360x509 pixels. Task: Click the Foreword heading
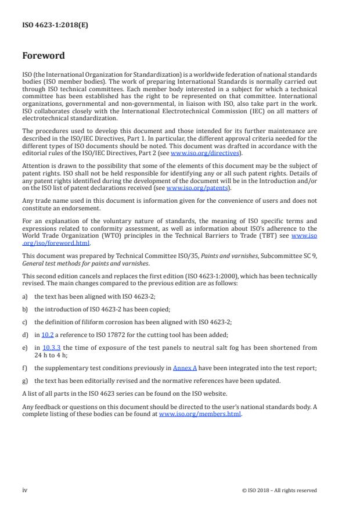(x=43, y=56)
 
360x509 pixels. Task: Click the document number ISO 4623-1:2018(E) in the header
(x=51, y=26)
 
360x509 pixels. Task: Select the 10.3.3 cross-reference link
(x=52, y=348)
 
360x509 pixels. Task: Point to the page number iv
(x=25, y=490)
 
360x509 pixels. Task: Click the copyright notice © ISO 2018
(x=279, y=490)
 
